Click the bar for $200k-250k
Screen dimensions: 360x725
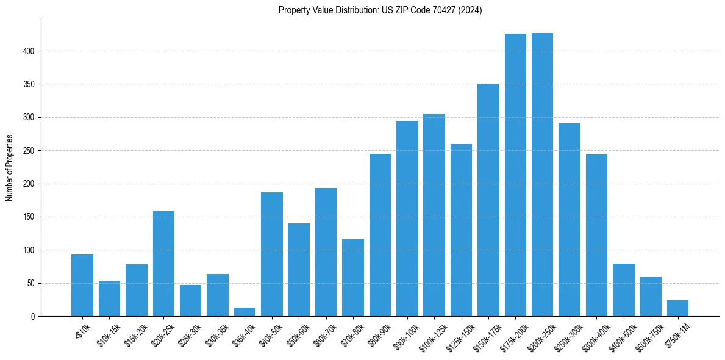542,175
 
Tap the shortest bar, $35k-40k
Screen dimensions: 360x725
245,312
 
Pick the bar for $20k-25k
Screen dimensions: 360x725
163,264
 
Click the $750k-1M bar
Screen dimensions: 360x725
677,308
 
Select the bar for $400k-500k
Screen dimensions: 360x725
623,290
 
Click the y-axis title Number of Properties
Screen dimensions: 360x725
9,168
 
